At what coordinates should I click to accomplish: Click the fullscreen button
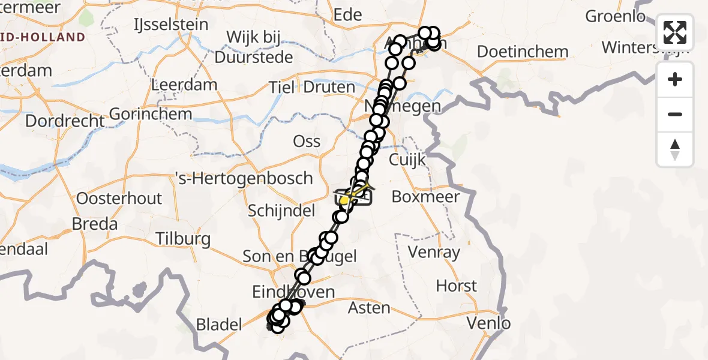tap(675, 32)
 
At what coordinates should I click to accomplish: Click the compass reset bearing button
tap(675, 149)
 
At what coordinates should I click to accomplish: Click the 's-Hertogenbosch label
tap(242, 178)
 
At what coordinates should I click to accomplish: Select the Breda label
tap(94, 224)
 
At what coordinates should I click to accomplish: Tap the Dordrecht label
tap(65, 121)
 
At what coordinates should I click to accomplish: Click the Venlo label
tap(490, 324)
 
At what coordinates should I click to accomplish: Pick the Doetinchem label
tap(523, 52)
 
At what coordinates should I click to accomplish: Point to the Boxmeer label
tap(425, 196)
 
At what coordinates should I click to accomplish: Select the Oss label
tap(306, 142)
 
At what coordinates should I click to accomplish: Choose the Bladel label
tap(220, 325)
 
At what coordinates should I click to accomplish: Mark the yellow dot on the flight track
tap(344, 200)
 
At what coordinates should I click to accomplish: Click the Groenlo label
tap(615, 16)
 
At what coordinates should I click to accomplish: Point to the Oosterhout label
tap(120, 199)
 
